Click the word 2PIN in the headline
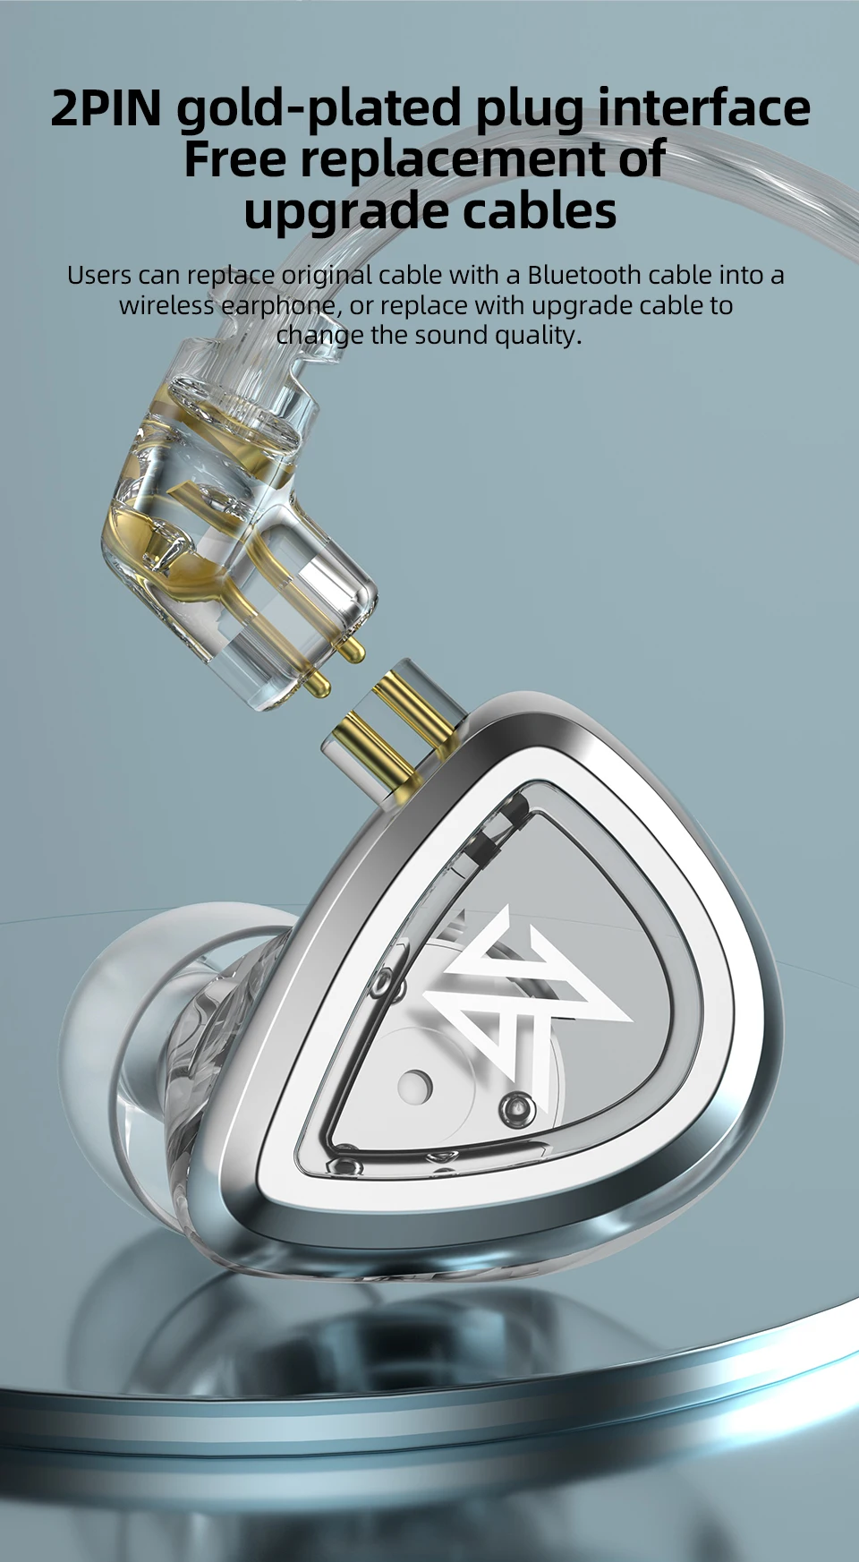tap(106, 107)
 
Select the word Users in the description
tap(99, 275)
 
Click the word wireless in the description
tap(166, 305)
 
